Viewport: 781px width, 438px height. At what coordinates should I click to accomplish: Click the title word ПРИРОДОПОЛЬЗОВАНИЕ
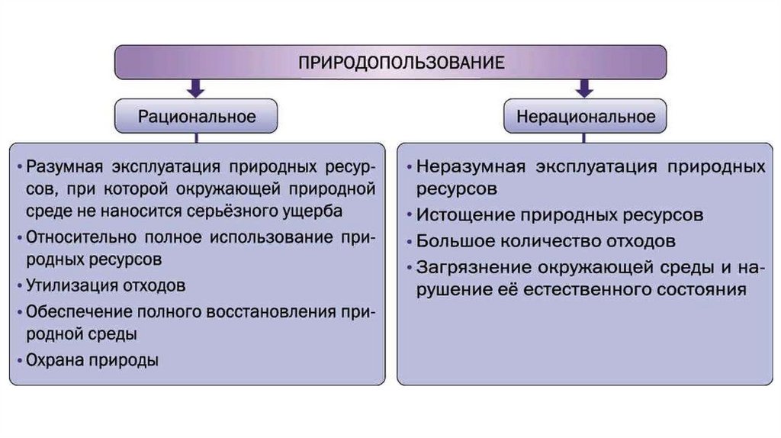(390, 61)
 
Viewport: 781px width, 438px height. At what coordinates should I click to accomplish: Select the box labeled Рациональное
(196, 117)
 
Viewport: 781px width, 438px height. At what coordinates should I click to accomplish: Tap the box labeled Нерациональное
(586, 117)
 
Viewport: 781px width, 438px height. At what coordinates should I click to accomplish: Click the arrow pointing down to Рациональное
(196, 89)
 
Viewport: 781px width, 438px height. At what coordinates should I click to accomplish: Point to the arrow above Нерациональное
(585, 89)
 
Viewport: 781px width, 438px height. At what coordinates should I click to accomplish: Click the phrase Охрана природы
(92, 359)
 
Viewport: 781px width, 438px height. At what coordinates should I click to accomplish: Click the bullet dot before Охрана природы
(19, 359)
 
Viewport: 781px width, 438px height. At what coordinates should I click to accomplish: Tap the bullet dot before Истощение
(410, 215)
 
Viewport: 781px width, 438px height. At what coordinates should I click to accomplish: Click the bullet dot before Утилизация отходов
(19, 286)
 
